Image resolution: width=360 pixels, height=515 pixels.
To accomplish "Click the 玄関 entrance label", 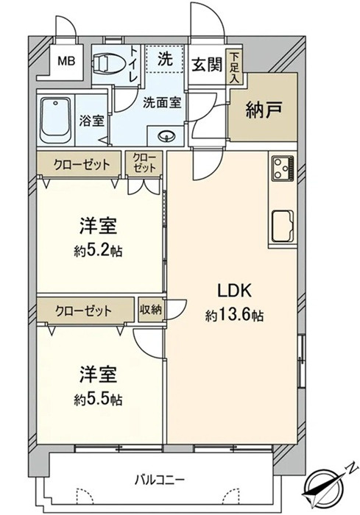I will (x=207, y=65).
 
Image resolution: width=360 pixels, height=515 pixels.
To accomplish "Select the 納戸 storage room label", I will (x=261, y=112).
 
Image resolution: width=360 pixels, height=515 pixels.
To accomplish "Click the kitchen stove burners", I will (x=283, y=171).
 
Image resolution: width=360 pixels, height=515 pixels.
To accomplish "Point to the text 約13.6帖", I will (x=235, y=315).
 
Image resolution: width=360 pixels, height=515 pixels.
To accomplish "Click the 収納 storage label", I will (x=152, y=310).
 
